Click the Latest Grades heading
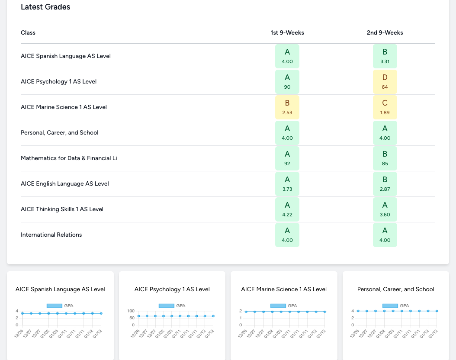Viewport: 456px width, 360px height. tap(45, 7)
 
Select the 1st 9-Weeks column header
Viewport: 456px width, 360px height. tap(287, 32)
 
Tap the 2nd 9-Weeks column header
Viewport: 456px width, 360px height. tap(385, 32)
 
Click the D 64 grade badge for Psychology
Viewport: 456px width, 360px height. tap(385, 82)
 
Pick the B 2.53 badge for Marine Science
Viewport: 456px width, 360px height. tap(287, 107)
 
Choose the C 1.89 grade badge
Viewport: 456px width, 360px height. tap(385, 107)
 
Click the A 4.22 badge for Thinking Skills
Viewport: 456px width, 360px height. tap(287, 209)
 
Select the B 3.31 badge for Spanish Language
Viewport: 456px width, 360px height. tap(385, 56)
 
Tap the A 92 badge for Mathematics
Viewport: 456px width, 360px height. tap(287, 158)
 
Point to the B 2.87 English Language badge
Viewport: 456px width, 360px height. tap(385, 184)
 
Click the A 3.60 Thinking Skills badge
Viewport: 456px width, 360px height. tap(385, 209)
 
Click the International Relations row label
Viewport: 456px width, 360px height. tap(51, 235)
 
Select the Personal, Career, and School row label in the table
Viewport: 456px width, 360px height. tap(59, 132)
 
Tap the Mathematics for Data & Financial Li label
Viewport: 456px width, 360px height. tap(69, 158)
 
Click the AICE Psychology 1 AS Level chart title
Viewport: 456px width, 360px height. tap(172, 289)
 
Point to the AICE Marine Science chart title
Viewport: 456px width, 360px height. tap(284, 289)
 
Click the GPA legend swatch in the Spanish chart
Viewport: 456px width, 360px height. tap(54, 306)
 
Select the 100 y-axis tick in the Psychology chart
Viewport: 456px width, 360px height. tap(131, 311)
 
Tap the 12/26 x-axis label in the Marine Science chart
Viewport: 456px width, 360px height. tap(243, 334)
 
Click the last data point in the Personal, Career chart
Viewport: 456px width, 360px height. tap(437, 311)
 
